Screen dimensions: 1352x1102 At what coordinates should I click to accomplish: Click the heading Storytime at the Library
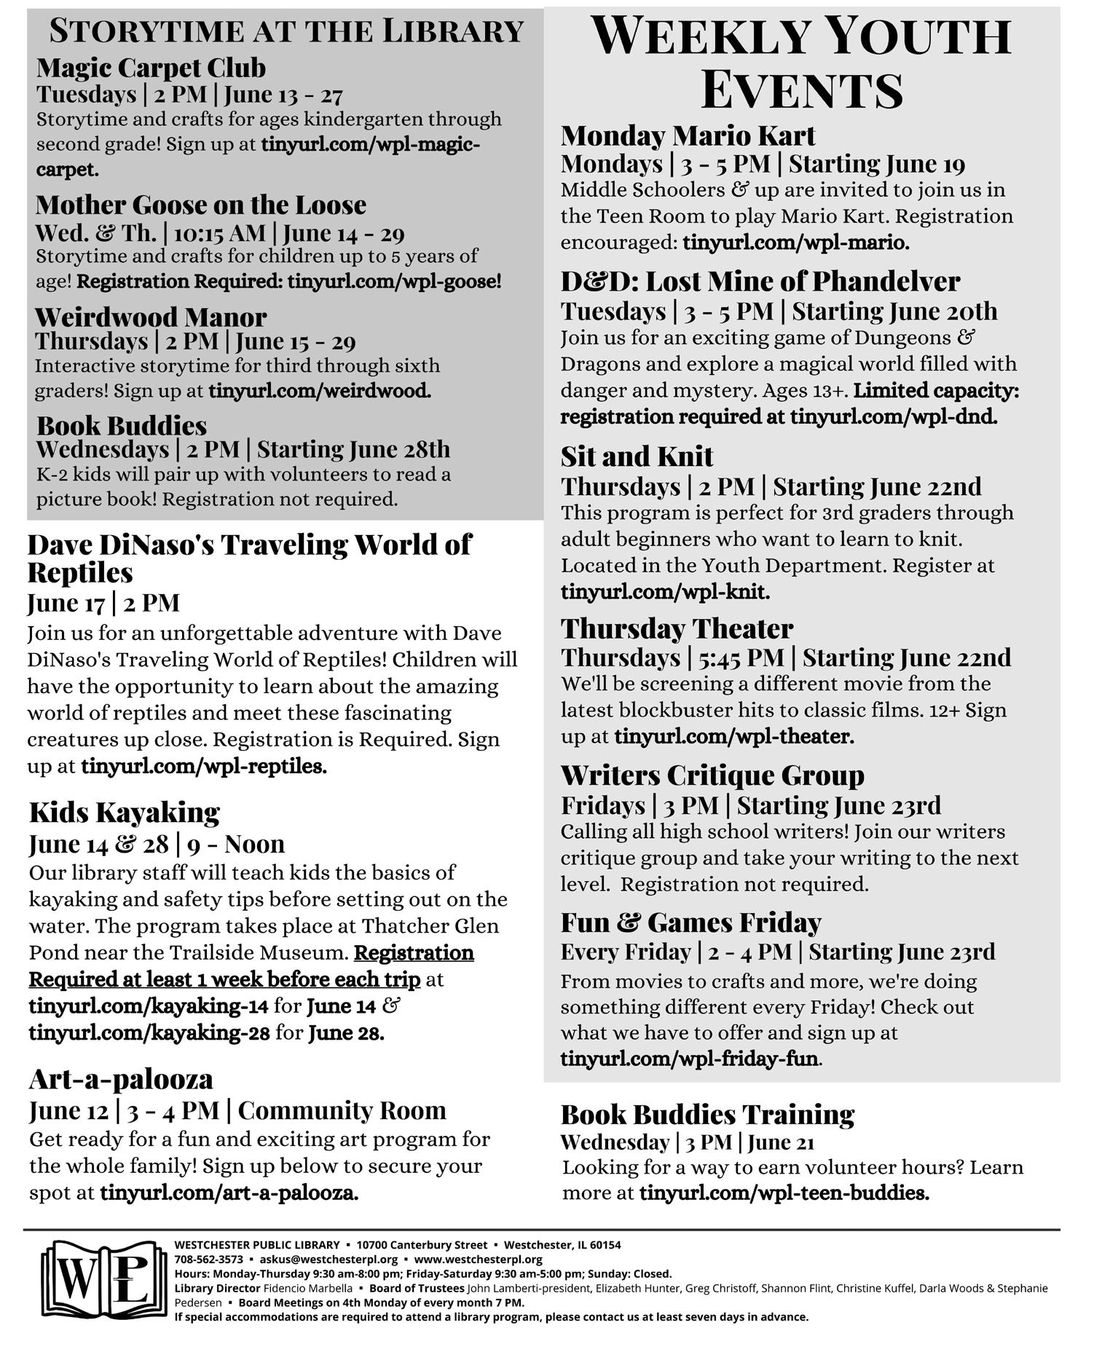point(286,31)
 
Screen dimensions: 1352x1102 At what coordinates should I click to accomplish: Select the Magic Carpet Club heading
point(151,68)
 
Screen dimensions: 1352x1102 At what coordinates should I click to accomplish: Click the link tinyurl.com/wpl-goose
point(393,281)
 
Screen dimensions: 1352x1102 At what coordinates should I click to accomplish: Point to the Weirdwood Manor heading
point(151,317)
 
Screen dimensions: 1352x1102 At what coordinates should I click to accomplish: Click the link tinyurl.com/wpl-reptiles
point(203,766)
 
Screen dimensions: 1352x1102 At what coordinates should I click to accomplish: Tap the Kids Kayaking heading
point(124,812)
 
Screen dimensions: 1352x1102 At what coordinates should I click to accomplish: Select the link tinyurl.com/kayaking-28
point(149,1032)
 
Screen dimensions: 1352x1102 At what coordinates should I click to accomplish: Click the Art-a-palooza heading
point(121,1079)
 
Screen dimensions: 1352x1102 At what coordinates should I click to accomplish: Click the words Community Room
point(342,1110)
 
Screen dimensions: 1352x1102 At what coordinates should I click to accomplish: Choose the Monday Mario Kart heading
point(688,135)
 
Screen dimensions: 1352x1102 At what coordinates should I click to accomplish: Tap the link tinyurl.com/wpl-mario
point(795,242)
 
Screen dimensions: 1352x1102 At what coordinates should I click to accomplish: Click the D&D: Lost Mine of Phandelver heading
point(760,281)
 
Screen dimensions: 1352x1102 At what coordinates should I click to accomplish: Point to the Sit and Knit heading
point(637,456)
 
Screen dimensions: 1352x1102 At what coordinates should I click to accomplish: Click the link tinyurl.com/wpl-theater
point(733,736)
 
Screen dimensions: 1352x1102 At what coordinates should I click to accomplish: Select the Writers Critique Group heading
point(712,775)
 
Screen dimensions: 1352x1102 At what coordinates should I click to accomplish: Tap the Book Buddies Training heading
point(707,1114)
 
